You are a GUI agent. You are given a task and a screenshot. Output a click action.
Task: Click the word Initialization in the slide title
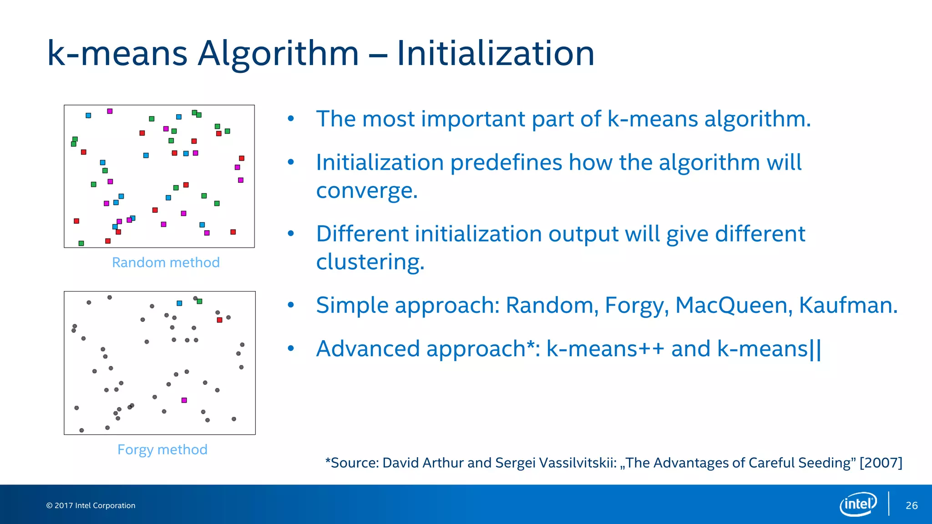495,54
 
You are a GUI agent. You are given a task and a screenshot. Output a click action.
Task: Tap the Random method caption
166,262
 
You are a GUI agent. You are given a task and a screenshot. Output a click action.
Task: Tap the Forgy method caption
162,449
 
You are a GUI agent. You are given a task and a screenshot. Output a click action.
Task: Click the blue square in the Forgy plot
179,303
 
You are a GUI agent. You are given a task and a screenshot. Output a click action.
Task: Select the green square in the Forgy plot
199,301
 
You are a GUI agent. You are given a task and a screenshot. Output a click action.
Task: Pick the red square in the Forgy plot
219,320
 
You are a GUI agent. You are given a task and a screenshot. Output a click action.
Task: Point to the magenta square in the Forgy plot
184,400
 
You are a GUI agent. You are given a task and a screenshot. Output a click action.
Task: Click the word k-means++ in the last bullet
605,349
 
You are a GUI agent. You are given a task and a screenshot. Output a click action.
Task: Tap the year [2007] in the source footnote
881,463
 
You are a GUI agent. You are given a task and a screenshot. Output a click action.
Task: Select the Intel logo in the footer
858,504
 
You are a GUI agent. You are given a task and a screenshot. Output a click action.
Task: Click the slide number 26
912,505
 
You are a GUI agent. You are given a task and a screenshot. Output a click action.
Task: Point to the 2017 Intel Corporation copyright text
91,505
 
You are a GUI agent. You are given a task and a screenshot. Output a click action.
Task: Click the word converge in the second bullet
366,191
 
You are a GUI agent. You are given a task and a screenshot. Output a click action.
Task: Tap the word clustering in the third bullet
370,262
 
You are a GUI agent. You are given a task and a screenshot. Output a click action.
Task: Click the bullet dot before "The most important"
291,119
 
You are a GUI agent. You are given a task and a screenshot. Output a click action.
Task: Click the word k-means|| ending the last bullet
769,349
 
